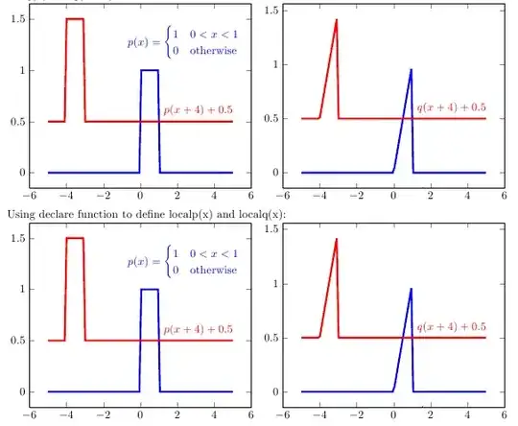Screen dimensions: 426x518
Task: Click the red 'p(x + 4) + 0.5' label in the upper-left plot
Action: coord(199,110)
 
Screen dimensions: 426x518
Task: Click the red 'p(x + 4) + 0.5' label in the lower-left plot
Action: coord(199,329)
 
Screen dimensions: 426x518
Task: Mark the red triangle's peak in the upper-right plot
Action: coord(337,20)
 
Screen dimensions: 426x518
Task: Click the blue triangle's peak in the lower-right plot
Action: coord(411,289)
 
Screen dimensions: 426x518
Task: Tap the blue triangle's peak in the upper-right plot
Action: coord(411,70)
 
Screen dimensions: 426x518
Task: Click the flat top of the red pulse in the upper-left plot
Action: coord(75,19)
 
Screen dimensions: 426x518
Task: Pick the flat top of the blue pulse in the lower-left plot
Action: coord(150,289)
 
